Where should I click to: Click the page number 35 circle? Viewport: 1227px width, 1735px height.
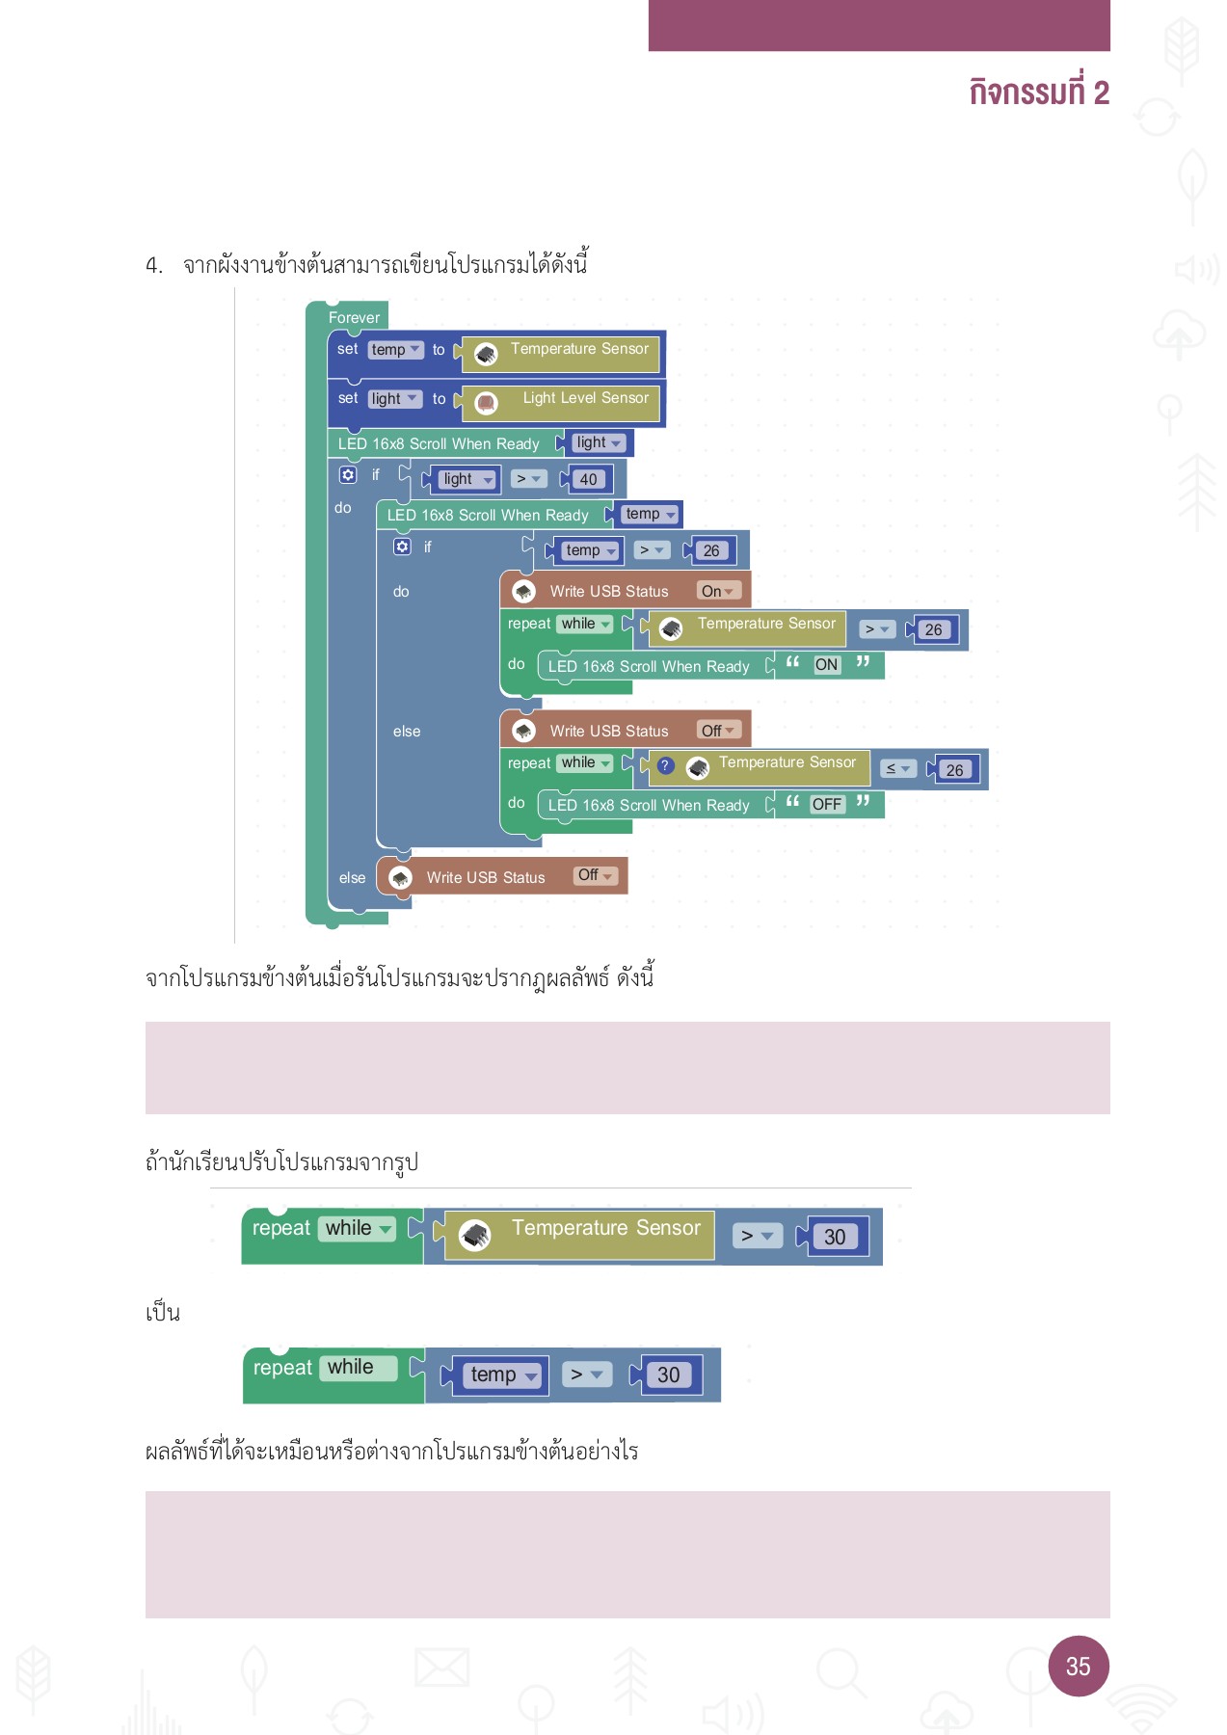1078,1666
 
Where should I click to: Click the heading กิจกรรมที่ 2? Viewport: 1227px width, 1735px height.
1038,93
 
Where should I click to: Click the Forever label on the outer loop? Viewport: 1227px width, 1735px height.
354,317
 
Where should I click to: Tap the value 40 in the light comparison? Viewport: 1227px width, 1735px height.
588,479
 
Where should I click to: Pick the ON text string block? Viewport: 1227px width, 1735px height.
826,664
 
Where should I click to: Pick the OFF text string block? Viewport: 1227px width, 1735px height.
826,804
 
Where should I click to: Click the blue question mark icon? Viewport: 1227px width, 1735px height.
665,765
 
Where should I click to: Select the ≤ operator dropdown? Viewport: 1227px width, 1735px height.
897,768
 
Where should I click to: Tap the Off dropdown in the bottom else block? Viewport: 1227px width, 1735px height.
595,875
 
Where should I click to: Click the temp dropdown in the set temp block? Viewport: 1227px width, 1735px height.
395,350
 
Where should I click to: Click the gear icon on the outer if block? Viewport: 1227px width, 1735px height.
348,475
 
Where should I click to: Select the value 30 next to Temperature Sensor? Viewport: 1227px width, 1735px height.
835,1237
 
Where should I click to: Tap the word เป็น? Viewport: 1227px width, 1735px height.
163,1313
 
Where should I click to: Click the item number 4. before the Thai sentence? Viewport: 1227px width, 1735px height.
154,265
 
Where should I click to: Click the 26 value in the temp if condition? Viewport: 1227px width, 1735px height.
711,550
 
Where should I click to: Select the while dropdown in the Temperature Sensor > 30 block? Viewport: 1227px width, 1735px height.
358,1228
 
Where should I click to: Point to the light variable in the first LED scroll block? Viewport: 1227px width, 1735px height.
598,442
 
